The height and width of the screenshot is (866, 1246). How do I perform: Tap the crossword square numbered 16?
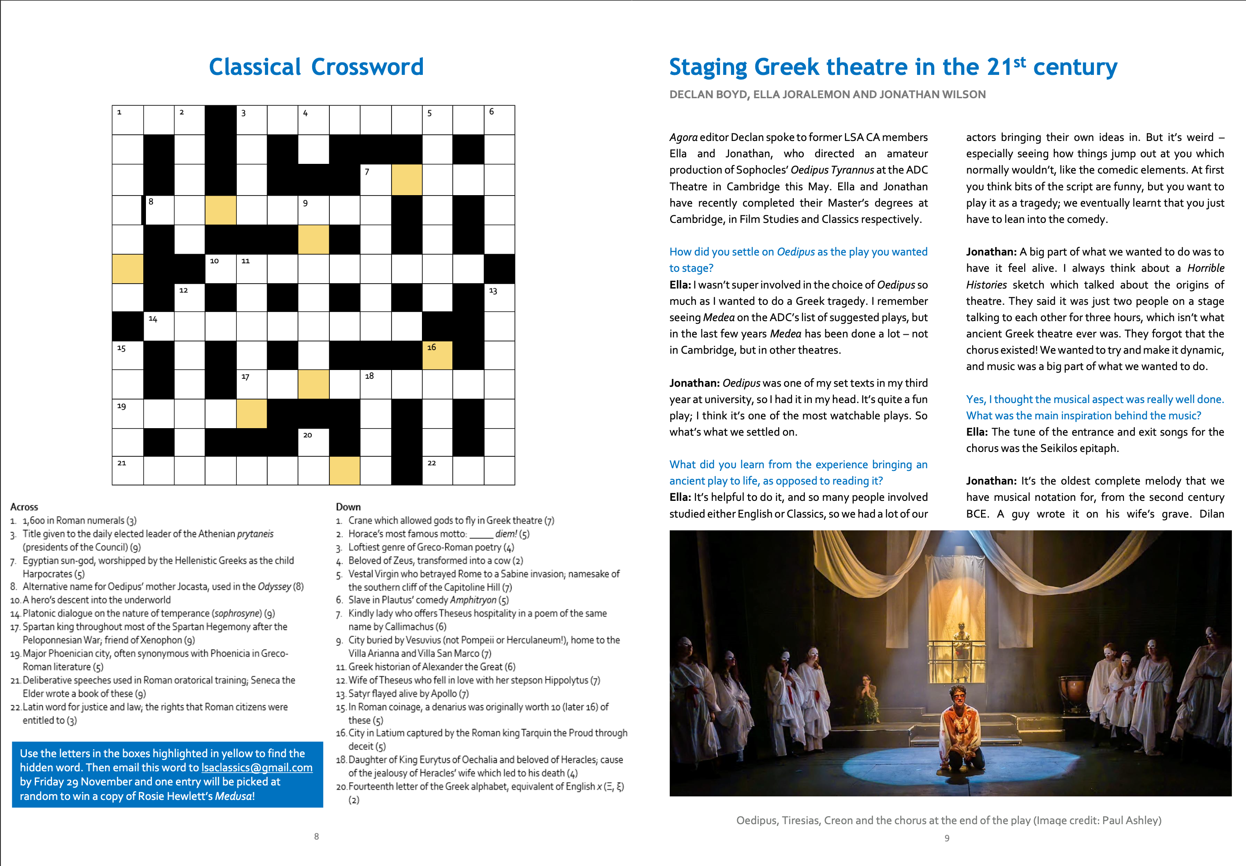[437, 355]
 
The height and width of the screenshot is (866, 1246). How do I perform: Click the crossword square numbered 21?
[127, 470]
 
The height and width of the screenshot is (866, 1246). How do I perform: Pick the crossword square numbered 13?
[499, 298]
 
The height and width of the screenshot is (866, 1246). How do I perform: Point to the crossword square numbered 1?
[127, 120]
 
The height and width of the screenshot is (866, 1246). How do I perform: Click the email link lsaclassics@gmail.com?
[257, 768]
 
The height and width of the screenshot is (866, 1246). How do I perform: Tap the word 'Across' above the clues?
[24, 507]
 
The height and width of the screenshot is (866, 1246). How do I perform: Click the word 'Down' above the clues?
[348, 507]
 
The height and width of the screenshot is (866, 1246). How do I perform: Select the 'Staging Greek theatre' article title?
[893, 67]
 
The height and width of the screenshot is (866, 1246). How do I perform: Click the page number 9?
[947, 838]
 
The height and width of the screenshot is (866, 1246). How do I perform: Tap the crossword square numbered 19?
[127, 414]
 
